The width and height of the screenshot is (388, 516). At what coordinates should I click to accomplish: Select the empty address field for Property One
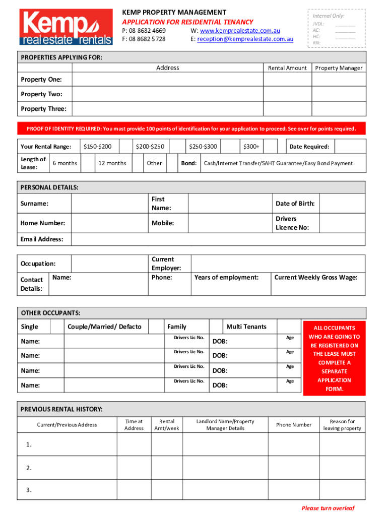167,80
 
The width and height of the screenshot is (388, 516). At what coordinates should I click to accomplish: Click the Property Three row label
43,109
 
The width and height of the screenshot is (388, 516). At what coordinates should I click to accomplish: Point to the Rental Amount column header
287,68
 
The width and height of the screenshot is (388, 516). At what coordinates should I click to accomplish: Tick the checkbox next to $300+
271,147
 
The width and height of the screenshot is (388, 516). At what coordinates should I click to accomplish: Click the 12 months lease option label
112,163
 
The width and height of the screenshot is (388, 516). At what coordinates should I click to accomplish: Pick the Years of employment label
226,277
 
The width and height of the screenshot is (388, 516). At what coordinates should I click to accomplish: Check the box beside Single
57,327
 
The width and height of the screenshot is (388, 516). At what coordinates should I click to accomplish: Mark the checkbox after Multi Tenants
289,327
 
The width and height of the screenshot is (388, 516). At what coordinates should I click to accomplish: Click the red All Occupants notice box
335,358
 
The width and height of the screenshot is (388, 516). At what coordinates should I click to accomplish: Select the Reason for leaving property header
342,425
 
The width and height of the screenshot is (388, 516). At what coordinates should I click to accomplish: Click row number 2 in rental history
29,468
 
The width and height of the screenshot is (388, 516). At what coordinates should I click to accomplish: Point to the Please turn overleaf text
328,508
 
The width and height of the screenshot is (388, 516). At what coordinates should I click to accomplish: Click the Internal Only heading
328,16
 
